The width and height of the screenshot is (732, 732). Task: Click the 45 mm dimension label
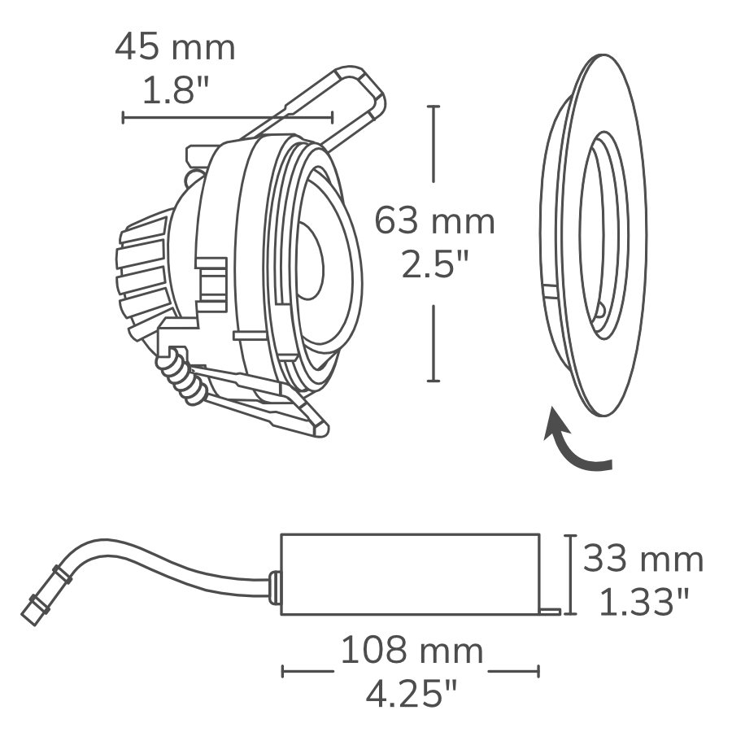point(175,49)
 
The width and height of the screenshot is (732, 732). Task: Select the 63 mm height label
point(434,221)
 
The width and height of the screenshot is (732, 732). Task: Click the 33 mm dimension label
point(643,560)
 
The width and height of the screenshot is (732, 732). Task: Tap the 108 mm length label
point(411,651)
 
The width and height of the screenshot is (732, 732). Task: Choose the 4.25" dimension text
point(412,695)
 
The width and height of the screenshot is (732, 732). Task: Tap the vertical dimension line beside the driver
point(572,574)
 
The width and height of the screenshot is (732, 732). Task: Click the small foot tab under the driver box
point(551,608)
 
